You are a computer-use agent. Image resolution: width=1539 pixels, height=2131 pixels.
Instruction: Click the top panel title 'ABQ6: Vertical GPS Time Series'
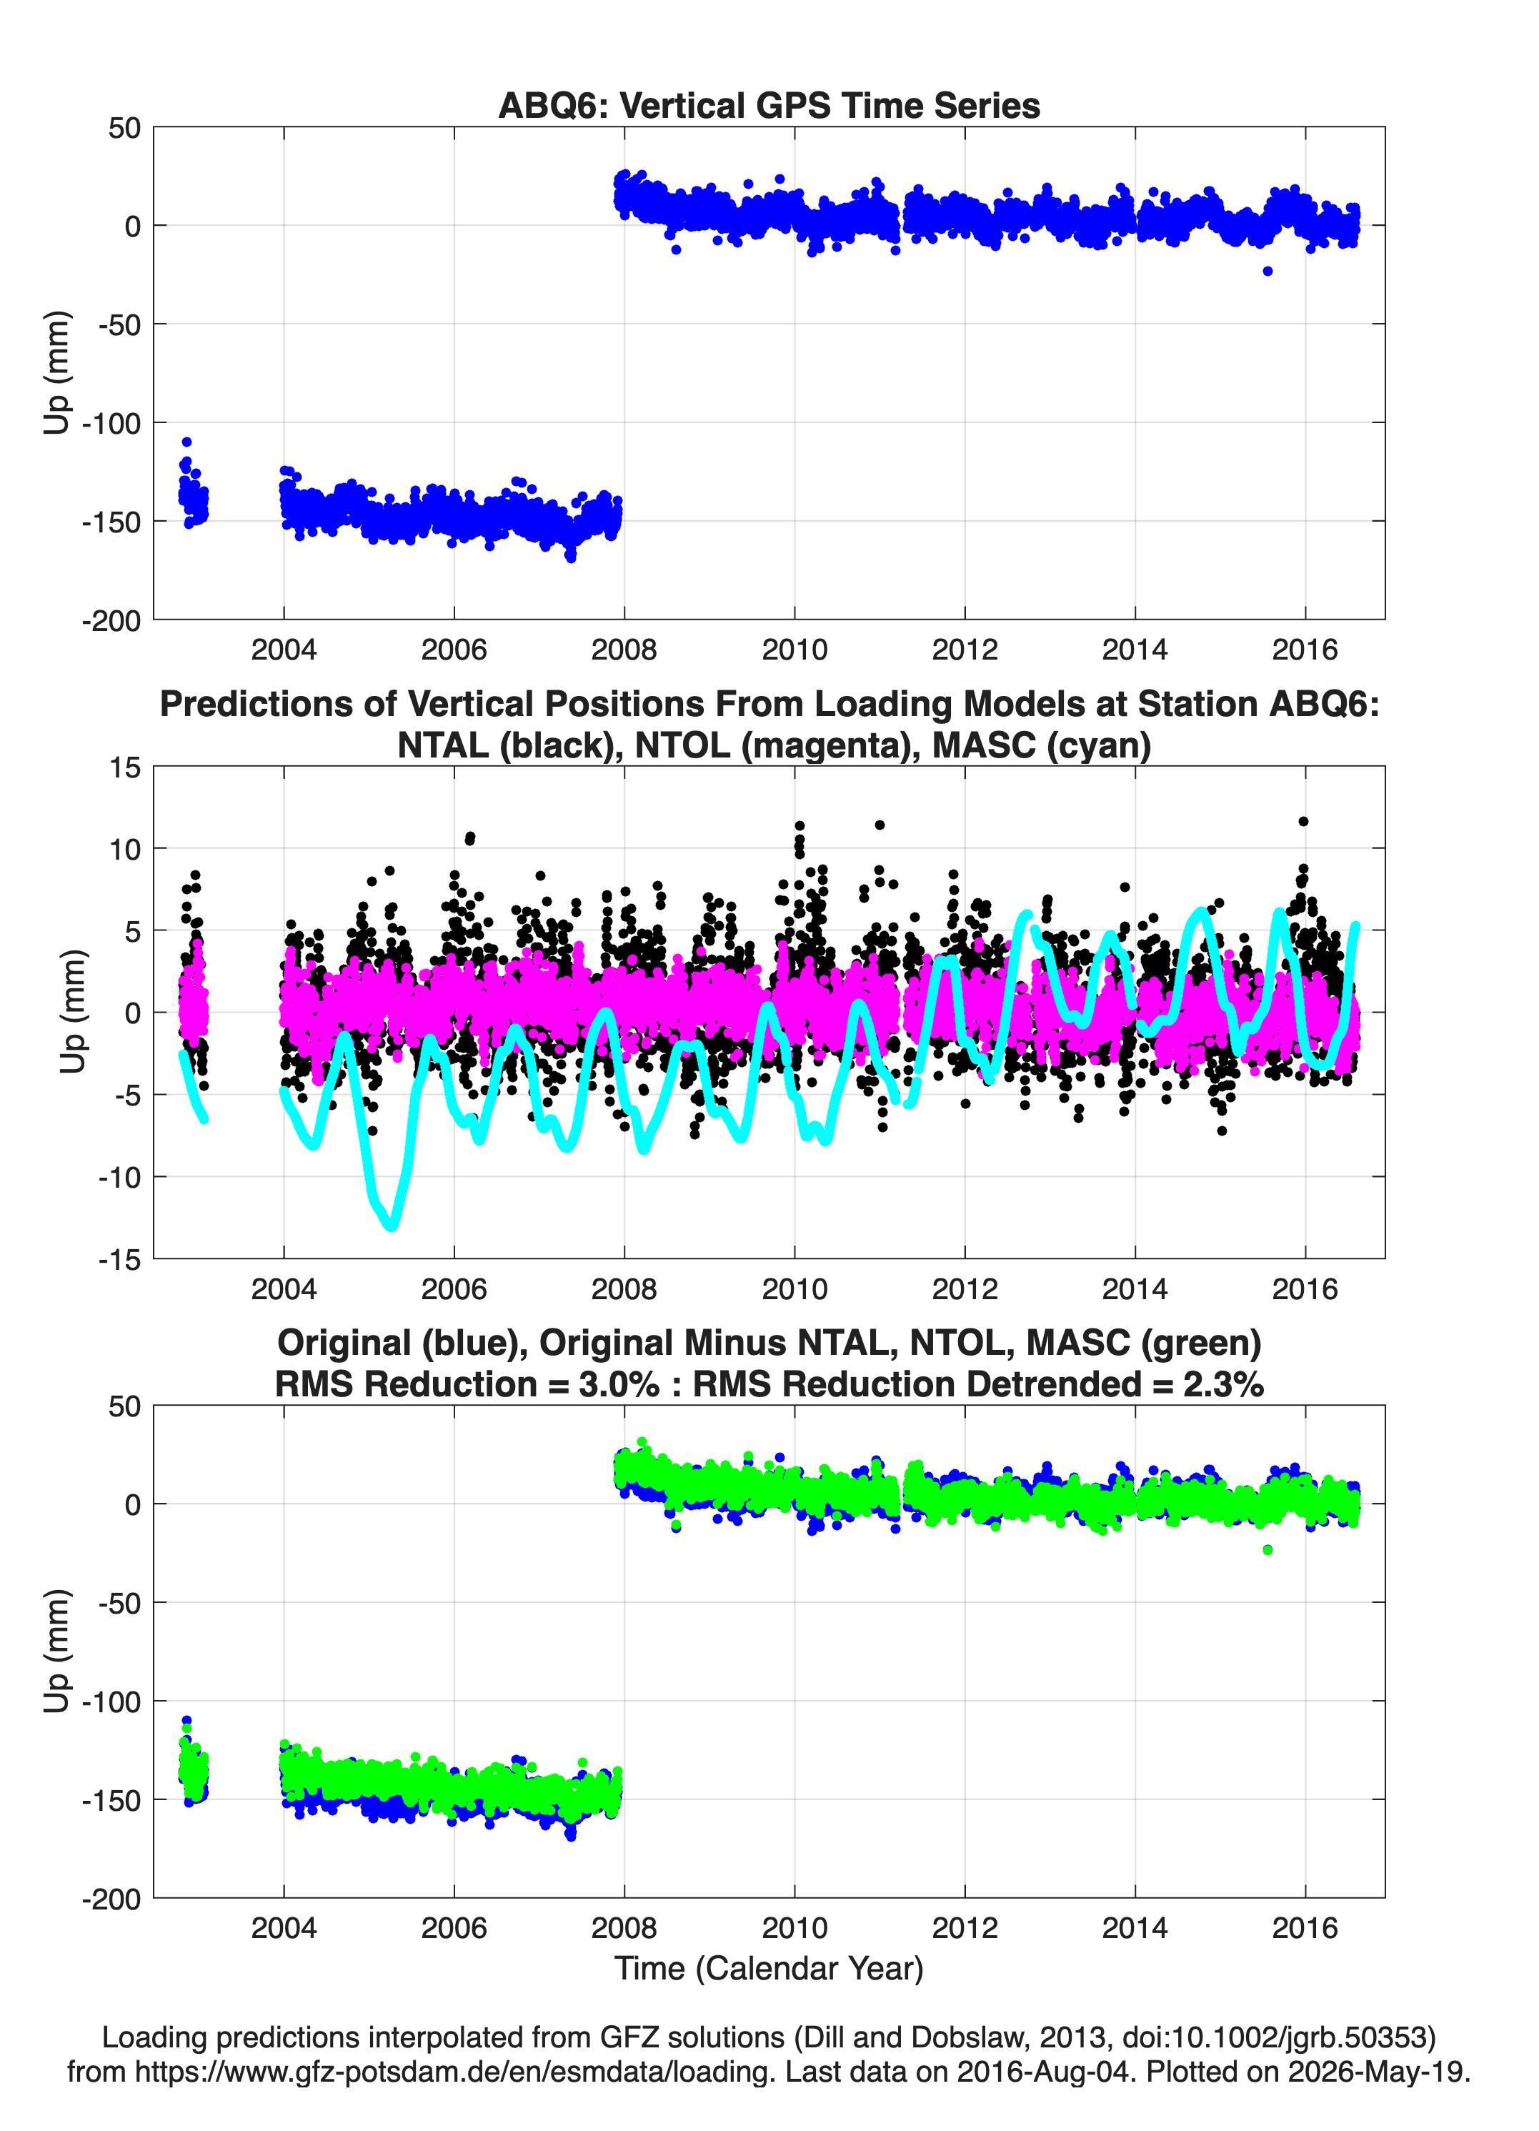[769, 105]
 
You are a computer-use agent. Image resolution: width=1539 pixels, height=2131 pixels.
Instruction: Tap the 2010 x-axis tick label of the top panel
[794, 650]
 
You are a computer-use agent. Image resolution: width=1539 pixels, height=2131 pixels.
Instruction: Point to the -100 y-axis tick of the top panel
[111, 423]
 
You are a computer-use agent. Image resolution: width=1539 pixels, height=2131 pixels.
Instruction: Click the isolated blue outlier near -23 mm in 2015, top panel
[1267, 271]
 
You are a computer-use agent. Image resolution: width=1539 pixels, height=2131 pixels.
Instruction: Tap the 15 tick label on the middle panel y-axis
[126, 768]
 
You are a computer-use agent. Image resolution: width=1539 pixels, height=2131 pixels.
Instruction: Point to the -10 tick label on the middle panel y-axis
[119, 1177]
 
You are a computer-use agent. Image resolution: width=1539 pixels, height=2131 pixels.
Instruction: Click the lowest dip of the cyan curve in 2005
[392, 1224]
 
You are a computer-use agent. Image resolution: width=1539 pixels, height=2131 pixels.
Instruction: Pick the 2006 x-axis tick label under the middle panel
[454, 1288]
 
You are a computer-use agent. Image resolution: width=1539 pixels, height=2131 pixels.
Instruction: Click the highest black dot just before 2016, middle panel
[1303, 821]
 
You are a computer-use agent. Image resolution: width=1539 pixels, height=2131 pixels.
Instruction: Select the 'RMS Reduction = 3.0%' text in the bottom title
[467, 1384]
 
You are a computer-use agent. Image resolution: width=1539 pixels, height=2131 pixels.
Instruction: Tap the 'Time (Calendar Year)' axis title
[769, 1969]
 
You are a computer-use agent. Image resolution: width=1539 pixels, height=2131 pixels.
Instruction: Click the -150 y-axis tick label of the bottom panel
[111, 1800]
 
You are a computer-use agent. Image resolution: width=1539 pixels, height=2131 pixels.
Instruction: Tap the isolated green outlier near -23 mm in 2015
[1267, 1550]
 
